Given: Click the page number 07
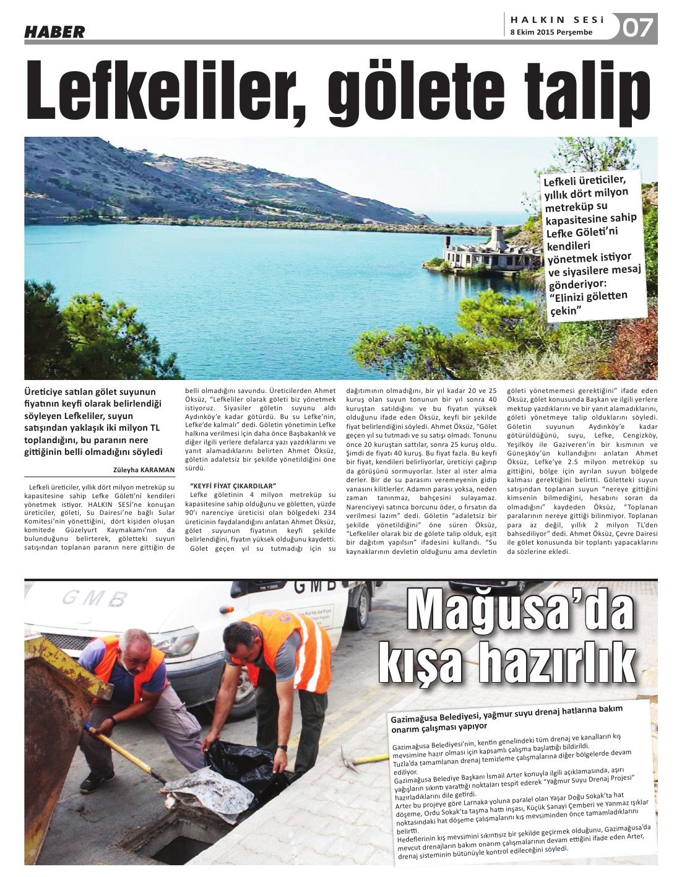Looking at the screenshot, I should (x=637, y=28).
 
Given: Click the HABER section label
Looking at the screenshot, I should (x=54, y=32).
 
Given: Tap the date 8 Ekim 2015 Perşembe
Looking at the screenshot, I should (x=551, y=32).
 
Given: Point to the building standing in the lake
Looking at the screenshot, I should (x=489, y=251).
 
